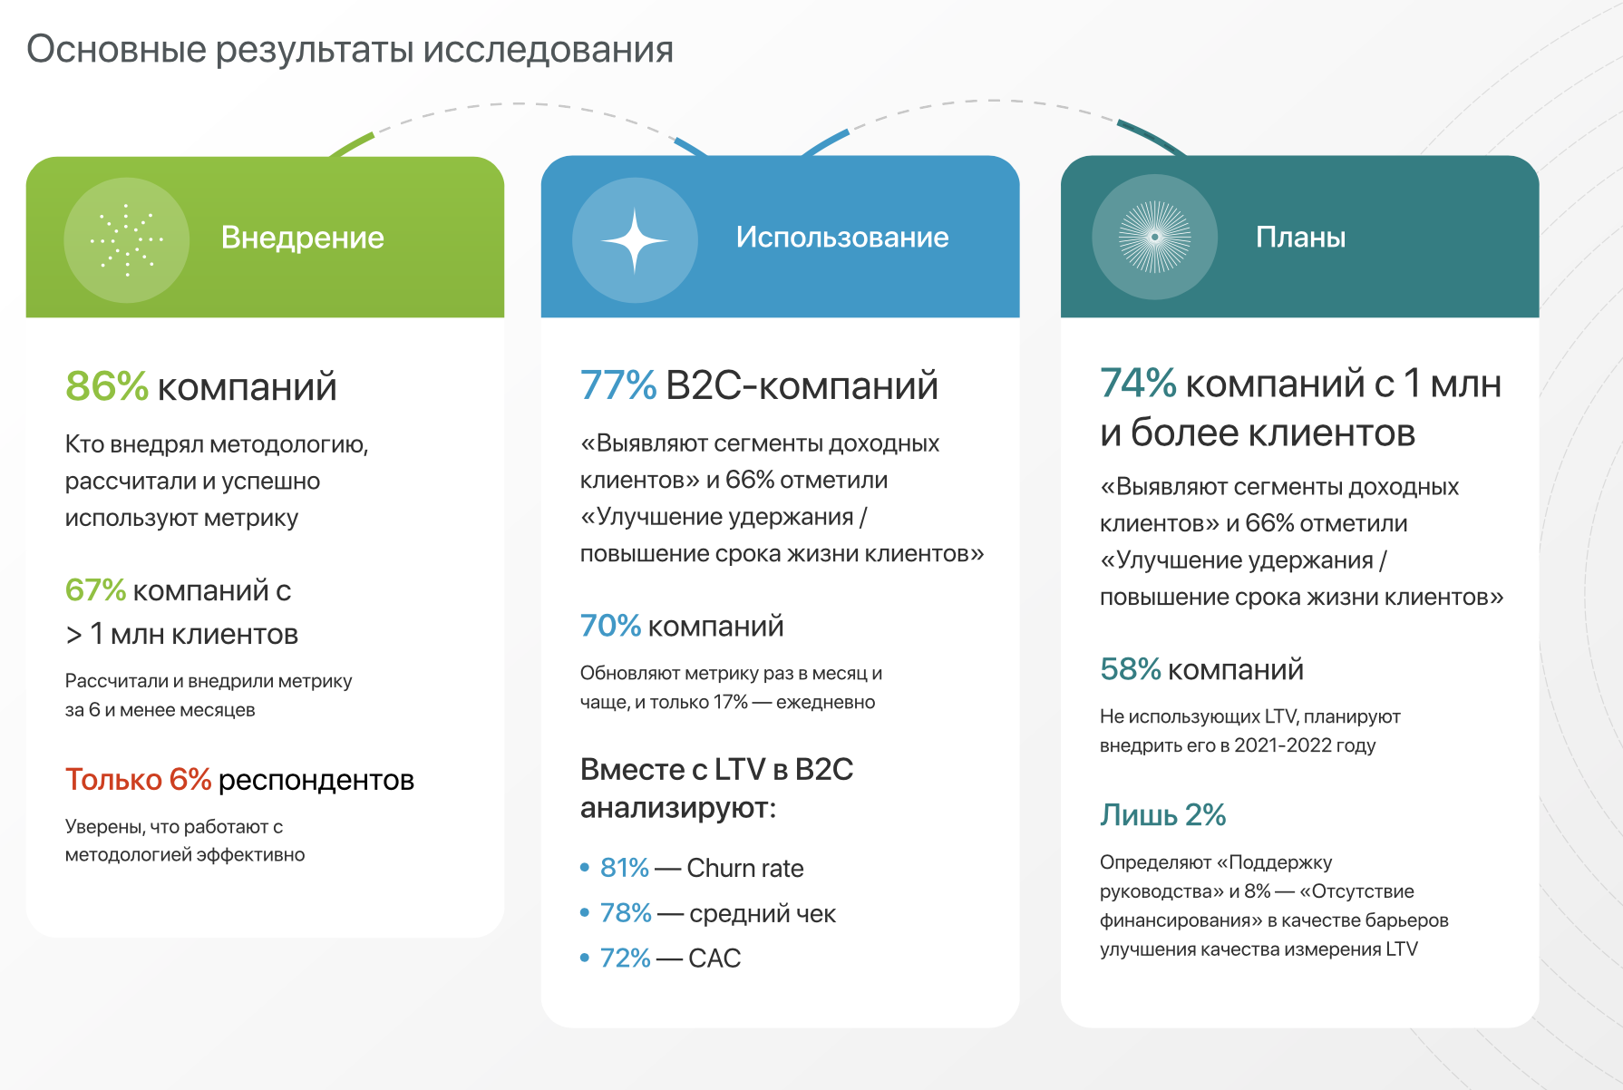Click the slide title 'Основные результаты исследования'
click(x=350, y=49)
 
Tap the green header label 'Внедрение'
click(x=303, y=238)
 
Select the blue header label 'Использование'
click(x=842, y=237)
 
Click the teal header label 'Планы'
click(x=1300, y=237)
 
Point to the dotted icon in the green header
click(x=127, y=239)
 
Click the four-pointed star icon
click(x=635, y=240)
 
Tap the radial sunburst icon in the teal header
click(x=1154, y=237)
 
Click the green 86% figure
click(x=107, y=386)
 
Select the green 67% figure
click(x=95, y=590)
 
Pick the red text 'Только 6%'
click(x=138, y=779)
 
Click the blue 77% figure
click(x=618, y=385)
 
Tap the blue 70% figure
click(x=610, y=626)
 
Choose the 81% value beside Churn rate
click(x=625, y=868)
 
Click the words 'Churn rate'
click(x=745, y=868)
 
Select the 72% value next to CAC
click(x=626, y=958)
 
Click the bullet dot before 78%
click(x=585, y=913)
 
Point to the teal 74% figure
click(x=1138, y=384)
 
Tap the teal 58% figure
click(x=1131, y=669)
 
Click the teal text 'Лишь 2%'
click(x=1162, y=814)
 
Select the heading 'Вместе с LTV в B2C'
click(x=716, y=769)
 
